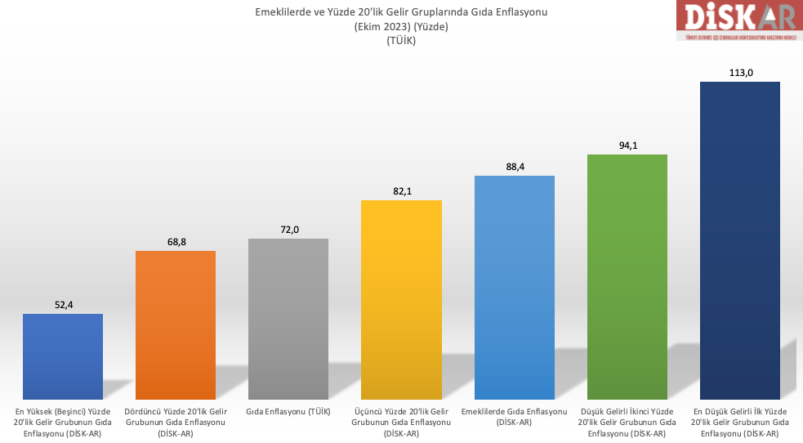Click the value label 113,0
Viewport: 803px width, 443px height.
coord(740,73)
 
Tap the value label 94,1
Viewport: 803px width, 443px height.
coord(627,145)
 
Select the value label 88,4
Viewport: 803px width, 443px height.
coord(515,167)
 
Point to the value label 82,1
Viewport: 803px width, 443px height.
coord(401,191)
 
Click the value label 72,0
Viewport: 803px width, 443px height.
coord(288,230)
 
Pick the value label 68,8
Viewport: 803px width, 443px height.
coord(176,242)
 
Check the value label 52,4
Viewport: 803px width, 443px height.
coord(63,305)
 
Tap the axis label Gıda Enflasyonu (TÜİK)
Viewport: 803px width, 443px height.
coord(288,411)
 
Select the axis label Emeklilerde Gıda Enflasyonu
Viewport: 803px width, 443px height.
coord(515,417)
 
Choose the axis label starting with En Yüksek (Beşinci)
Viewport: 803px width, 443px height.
coord(63,422)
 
